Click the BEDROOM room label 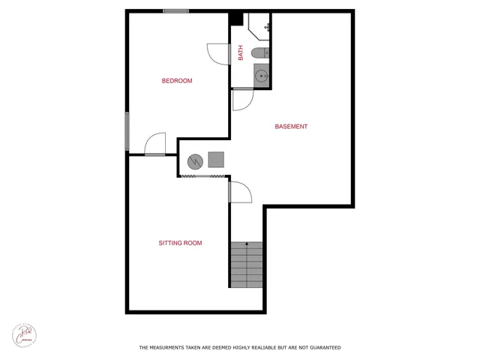(177, 81)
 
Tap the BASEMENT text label (291, 127)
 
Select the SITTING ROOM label (180, 243)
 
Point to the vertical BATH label (241, 53)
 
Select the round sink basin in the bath (261, 75)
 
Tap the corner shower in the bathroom (259, 27)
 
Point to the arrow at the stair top (247, 244)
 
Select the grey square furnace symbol (216, 159)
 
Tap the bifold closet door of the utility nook (202, 176)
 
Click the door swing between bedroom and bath (218, 54)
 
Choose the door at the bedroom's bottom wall (155, 144)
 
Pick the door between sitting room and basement (240, 193)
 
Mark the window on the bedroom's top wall (175, 11)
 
